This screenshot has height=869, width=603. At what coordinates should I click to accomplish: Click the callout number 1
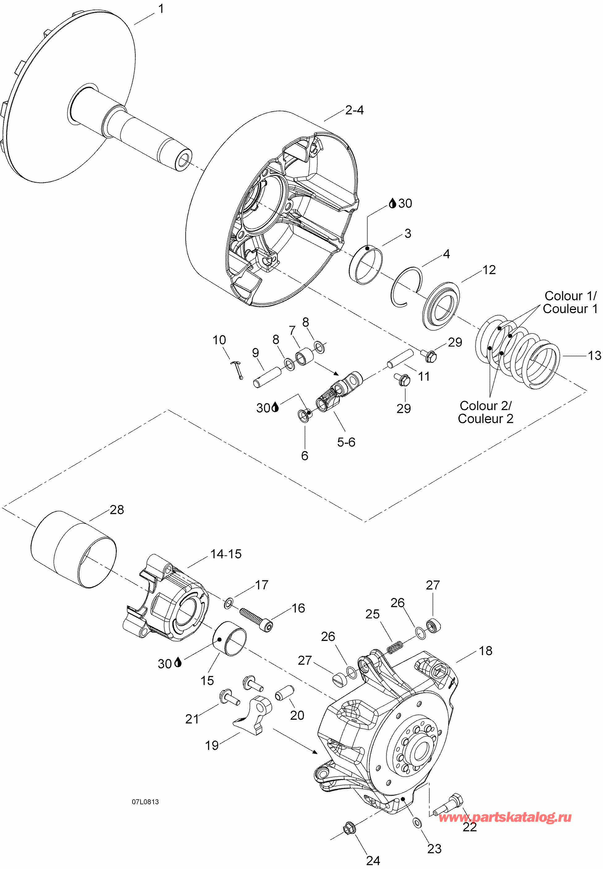tap(161, 9)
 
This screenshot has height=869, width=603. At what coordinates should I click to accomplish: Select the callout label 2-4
tap(354, 110)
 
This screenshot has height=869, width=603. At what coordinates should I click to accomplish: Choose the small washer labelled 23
tap(417, 822)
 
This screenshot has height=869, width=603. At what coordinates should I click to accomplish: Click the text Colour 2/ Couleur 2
tap(486, 412)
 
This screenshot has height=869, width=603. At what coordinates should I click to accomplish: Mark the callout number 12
tap(489, 270)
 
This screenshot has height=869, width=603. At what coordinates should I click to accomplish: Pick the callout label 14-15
tap(226, 554)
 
